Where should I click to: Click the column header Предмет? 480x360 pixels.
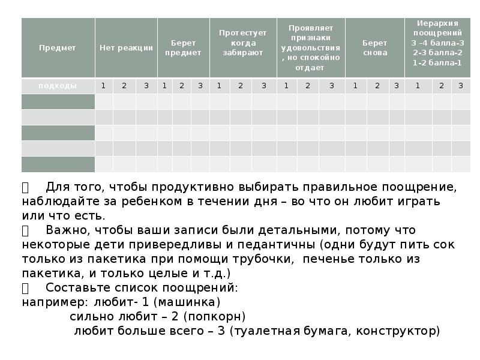coord(58,48)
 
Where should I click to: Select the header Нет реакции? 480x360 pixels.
coord(126,48)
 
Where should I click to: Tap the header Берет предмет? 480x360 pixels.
coord(183,47)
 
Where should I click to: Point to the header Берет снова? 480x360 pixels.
coord(375,47)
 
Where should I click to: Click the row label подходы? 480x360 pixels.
coord(58,86)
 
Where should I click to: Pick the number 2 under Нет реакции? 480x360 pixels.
coord(124,86)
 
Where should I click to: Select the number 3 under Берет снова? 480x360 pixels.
coord(396,86)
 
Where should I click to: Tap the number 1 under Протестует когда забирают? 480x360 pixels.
coord(219,86)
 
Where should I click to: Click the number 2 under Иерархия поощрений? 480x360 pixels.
coord(442,86)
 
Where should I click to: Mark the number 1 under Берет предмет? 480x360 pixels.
coord(164,86)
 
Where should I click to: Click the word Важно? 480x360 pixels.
coord(69,230)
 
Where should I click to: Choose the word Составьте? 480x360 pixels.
coord(79,287)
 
